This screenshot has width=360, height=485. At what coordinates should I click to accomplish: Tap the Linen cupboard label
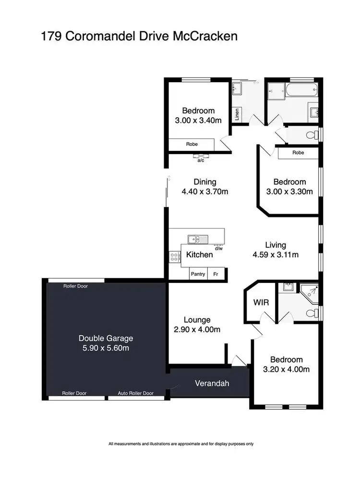click(237, 115)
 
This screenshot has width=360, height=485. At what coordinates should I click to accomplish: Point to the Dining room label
click(205, 182)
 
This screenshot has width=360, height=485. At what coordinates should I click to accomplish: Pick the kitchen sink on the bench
click(197, 238)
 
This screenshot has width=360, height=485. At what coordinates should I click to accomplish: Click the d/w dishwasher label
click(219, 248)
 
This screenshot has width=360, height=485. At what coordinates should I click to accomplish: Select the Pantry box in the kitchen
click(198, 274)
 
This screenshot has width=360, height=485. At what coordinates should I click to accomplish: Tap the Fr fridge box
click(216, 274)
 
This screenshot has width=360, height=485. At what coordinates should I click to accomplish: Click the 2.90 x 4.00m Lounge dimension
click(197, 329)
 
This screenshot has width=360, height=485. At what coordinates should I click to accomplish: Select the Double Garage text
click(106, 338)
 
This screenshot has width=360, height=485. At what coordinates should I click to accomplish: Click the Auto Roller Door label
click(136, 393)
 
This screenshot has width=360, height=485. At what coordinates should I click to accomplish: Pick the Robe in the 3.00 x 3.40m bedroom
click(192, 144)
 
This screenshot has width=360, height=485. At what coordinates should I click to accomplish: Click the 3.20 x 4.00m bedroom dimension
click(286, 369)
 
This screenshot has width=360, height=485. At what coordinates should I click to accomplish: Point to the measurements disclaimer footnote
click(181, 444)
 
